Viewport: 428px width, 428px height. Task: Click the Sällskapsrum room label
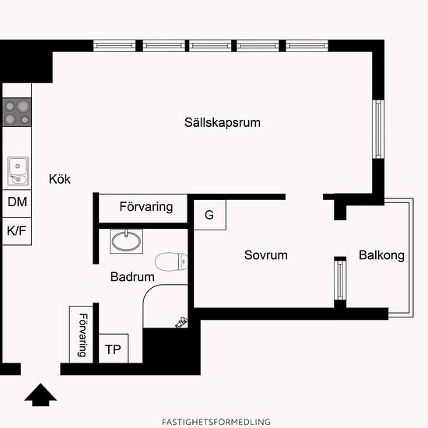point(223,122)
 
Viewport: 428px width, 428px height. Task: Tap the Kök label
point(59,179)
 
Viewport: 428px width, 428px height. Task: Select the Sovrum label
point(266,255)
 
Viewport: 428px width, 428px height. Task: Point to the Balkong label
point(381,255)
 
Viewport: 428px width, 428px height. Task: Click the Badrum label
point(132,277)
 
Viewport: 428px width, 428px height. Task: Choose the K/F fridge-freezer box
point(17,231)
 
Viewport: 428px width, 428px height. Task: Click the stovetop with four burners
point(17,112)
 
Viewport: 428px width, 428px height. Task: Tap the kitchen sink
point(18,171)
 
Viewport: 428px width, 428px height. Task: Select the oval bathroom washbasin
point(126,241)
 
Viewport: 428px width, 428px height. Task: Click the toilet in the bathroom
point(171,261)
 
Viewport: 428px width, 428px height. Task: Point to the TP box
point(114,349)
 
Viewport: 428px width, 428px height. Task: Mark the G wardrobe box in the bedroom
point(209,215)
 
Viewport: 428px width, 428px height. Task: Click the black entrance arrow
point(40,395)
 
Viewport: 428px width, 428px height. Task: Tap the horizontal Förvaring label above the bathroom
point(146,207)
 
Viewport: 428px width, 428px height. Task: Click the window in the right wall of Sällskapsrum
point(378,129)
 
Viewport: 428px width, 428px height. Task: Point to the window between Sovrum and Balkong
point(340,280)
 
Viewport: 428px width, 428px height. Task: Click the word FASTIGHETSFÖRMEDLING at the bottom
point(216,422)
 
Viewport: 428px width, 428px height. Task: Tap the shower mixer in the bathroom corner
point(181,322)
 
